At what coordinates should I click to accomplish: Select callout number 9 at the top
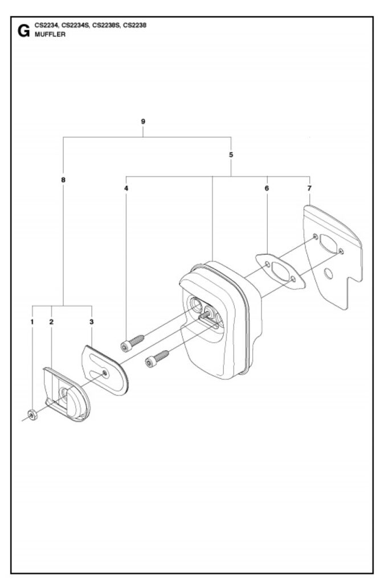(x=142, y=121)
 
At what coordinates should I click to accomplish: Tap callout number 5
(x=231, y=154)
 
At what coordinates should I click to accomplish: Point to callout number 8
(x=63, y=179)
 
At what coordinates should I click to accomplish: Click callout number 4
(x=126, y=187)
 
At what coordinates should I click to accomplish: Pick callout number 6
(x=267, y=187)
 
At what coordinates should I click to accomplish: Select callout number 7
(x=309, y=187)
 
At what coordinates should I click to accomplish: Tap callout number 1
(x=32, y=322)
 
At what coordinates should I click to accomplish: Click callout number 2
(x=51, y=322)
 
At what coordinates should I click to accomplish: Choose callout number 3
(x=92, y=322)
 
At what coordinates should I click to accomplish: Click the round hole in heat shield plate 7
(x=328, y=274)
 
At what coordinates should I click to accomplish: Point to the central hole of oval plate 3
(x=105, y=373)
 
